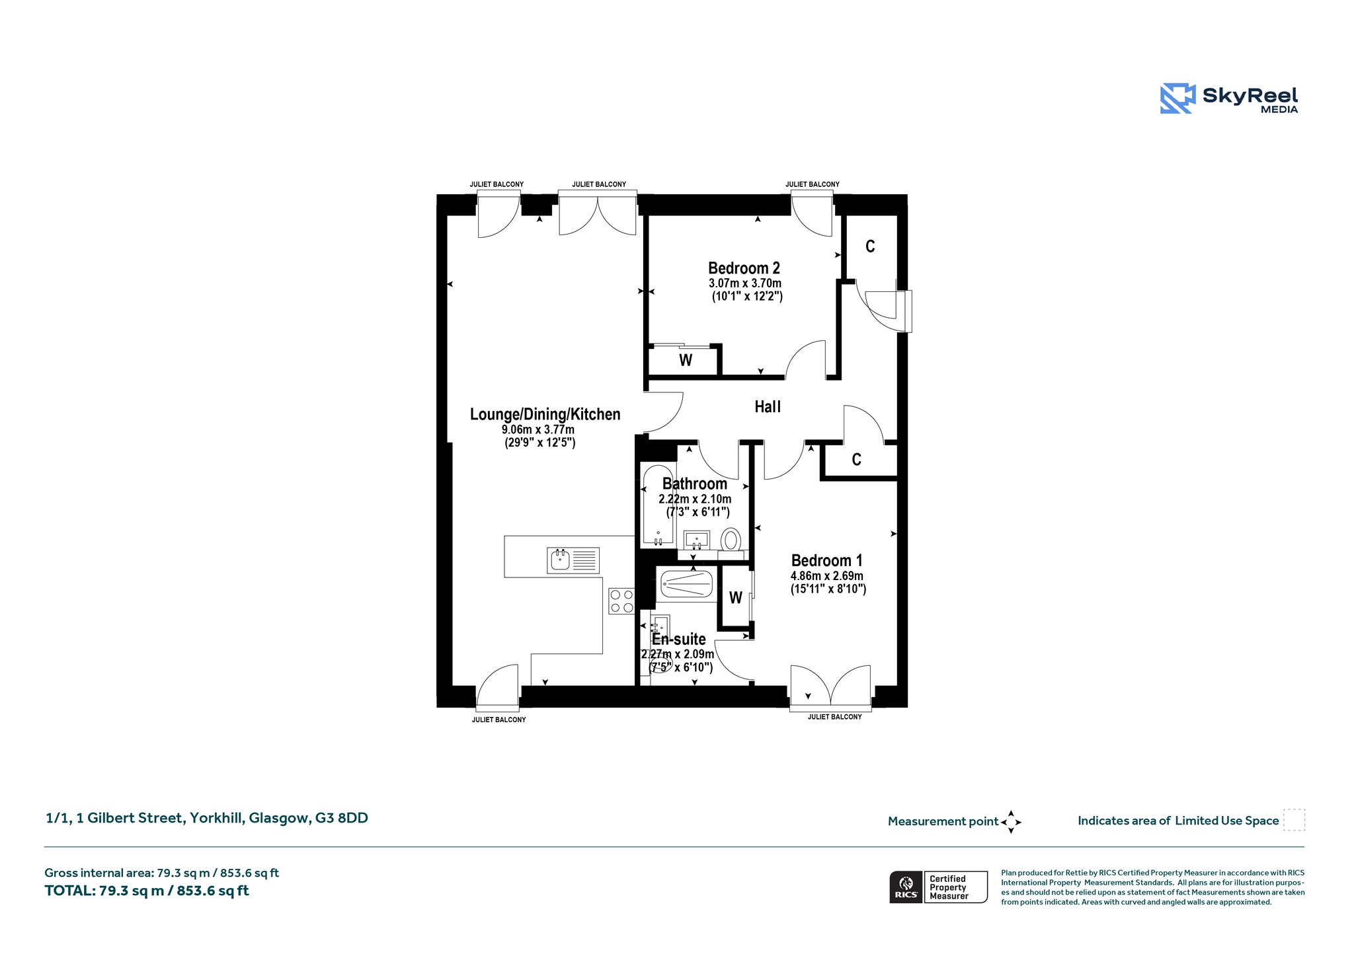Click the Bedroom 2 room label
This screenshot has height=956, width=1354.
(744, 268)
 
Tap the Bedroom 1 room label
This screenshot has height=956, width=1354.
(826, 561)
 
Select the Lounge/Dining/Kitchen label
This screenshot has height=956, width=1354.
(545, 414)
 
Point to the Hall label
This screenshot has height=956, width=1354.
(768, 407)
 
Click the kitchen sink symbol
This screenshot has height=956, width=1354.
(573, 560)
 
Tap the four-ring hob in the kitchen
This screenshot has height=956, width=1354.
(621, 601)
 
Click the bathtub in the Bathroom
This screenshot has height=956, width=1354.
(657, 505)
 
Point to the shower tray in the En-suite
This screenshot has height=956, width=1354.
(686, 584)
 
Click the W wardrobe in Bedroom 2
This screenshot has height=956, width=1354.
(686, 360)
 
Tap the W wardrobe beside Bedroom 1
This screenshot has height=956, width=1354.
(735, 597)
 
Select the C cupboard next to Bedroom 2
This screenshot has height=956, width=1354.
(871, 247)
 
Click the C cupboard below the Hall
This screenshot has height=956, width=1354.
(857, 460)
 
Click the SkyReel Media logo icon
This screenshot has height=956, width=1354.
(1177, 99)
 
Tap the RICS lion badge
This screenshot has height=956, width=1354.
(906, 887)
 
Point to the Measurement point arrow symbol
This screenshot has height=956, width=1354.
(1011, 822)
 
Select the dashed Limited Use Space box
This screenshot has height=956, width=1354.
(1294, 820)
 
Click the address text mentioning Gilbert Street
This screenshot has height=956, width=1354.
(207, 818)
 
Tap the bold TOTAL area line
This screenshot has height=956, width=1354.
(147, 891)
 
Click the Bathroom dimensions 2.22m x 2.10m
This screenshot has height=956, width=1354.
(695, 499)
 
